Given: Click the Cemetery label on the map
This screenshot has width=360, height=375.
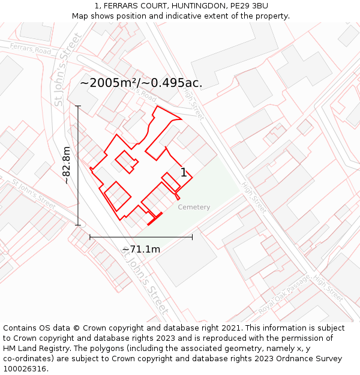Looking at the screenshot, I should pos(194,207).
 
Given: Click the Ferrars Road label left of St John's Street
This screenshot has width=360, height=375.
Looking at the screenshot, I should pos(30,49).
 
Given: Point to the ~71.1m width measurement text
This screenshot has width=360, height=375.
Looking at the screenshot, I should pos(141,249).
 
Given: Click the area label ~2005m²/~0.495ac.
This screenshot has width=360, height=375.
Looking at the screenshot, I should pos(141,83).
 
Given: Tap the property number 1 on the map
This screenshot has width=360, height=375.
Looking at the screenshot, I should pos(184,173).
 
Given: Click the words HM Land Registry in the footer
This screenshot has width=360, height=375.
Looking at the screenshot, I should pos(34,349).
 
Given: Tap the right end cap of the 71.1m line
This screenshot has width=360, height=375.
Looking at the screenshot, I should pos(192,237).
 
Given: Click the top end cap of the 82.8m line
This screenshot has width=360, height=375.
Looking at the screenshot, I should pos(78,106).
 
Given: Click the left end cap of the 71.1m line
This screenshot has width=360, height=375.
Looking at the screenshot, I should pos(90,237).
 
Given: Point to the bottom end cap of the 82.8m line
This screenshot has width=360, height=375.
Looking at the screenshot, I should pos(78,225).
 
